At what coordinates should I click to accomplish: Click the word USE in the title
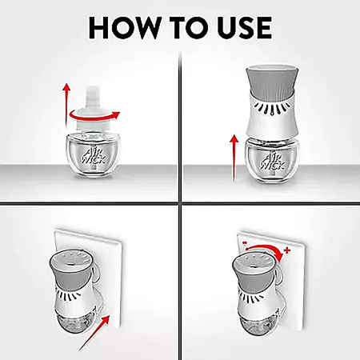[245, 27]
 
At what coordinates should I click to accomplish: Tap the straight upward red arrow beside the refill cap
[66, 105]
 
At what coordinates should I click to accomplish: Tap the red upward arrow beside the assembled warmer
[234, 158]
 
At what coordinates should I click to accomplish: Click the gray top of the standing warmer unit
[272, 79]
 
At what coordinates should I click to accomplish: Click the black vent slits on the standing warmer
[272, 108]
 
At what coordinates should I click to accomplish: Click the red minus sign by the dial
[245, 243]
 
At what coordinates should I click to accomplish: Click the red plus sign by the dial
[287, 250]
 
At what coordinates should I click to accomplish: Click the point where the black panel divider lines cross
[180, 204]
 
